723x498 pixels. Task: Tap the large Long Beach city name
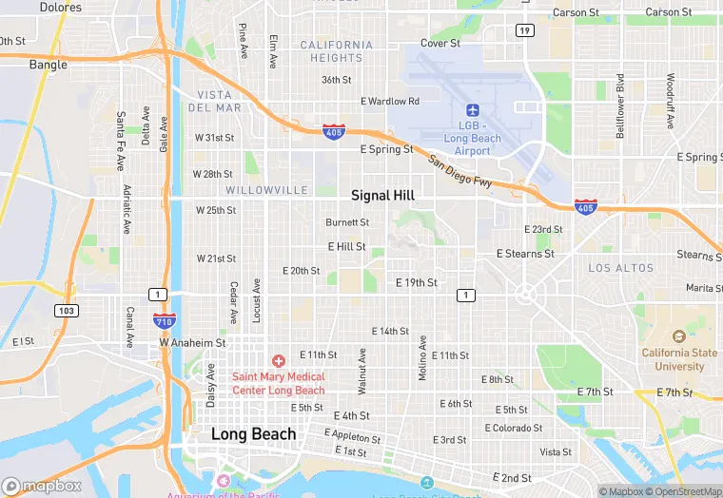[x=253, y=434]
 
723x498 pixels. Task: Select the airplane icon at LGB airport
[x=473, y=112]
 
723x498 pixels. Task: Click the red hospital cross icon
[x=279, y=361]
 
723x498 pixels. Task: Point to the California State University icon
[x=678, y=337]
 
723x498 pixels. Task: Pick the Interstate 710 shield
[x=163, y=320]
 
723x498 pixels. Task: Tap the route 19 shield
[x=525, y=30]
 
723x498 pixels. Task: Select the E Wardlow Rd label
[x=390, y=102]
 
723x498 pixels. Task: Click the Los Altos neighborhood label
[x=621, y=269]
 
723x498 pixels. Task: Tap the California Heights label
[x=337, y=51]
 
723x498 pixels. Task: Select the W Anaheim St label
[x=192, y=342]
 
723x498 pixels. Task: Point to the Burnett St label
[x=347, y=222]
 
